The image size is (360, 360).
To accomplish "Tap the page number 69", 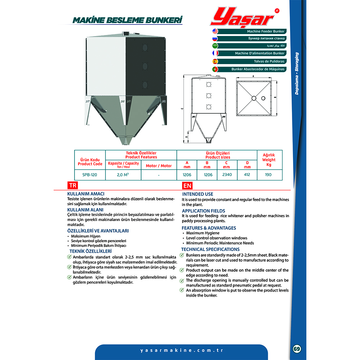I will [x=297, y=349].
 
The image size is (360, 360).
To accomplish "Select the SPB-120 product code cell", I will [x=90, y=175].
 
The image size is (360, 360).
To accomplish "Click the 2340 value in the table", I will [x=227, y=175].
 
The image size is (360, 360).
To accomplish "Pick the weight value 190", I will [x=269, y=175].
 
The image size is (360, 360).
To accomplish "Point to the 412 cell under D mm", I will [x=247, y=175].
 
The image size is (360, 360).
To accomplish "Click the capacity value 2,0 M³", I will [x=123, y=175].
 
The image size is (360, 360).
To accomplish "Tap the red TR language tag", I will [x=73, y=186].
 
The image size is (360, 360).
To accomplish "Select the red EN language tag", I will [x=187, y=186].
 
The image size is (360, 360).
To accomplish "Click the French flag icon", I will [x=215, y=53].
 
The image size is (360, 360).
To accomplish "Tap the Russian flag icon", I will [x=215, y=39].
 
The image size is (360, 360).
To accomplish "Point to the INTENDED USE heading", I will [x=197, y=194].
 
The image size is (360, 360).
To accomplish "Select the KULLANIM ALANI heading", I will [x=85, y=210].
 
